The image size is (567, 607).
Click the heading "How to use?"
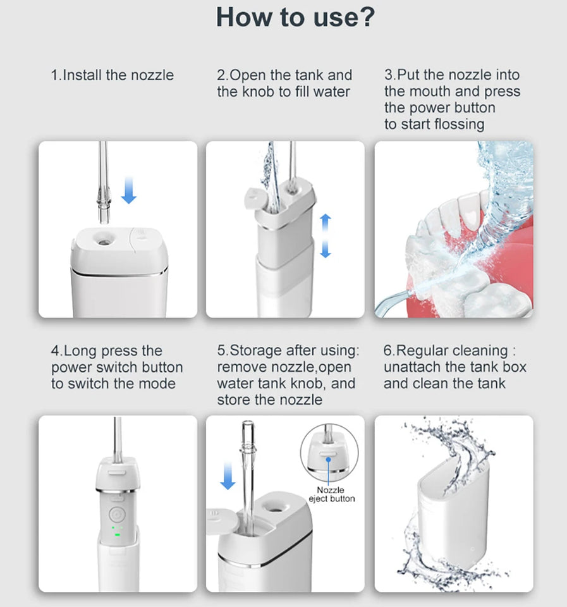(x=295, y=17)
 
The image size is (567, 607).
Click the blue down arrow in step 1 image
(x=128, y=191)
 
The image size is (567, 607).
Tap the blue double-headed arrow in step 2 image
(x=325, y=235)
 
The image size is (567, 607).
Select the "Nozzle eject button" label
(x=331, y=494)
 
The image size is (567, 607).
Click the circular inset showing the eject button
(x=329, y=453)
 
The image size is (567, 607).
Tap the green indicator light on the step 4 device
(x=116, y=536)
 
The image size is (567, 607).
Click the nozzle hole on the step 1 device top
(x=100, y=239)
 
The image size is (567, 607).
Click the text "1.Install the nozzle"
(x=112, y=75)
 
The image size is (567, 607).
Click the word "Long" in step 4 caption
(x=81, y=350)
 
